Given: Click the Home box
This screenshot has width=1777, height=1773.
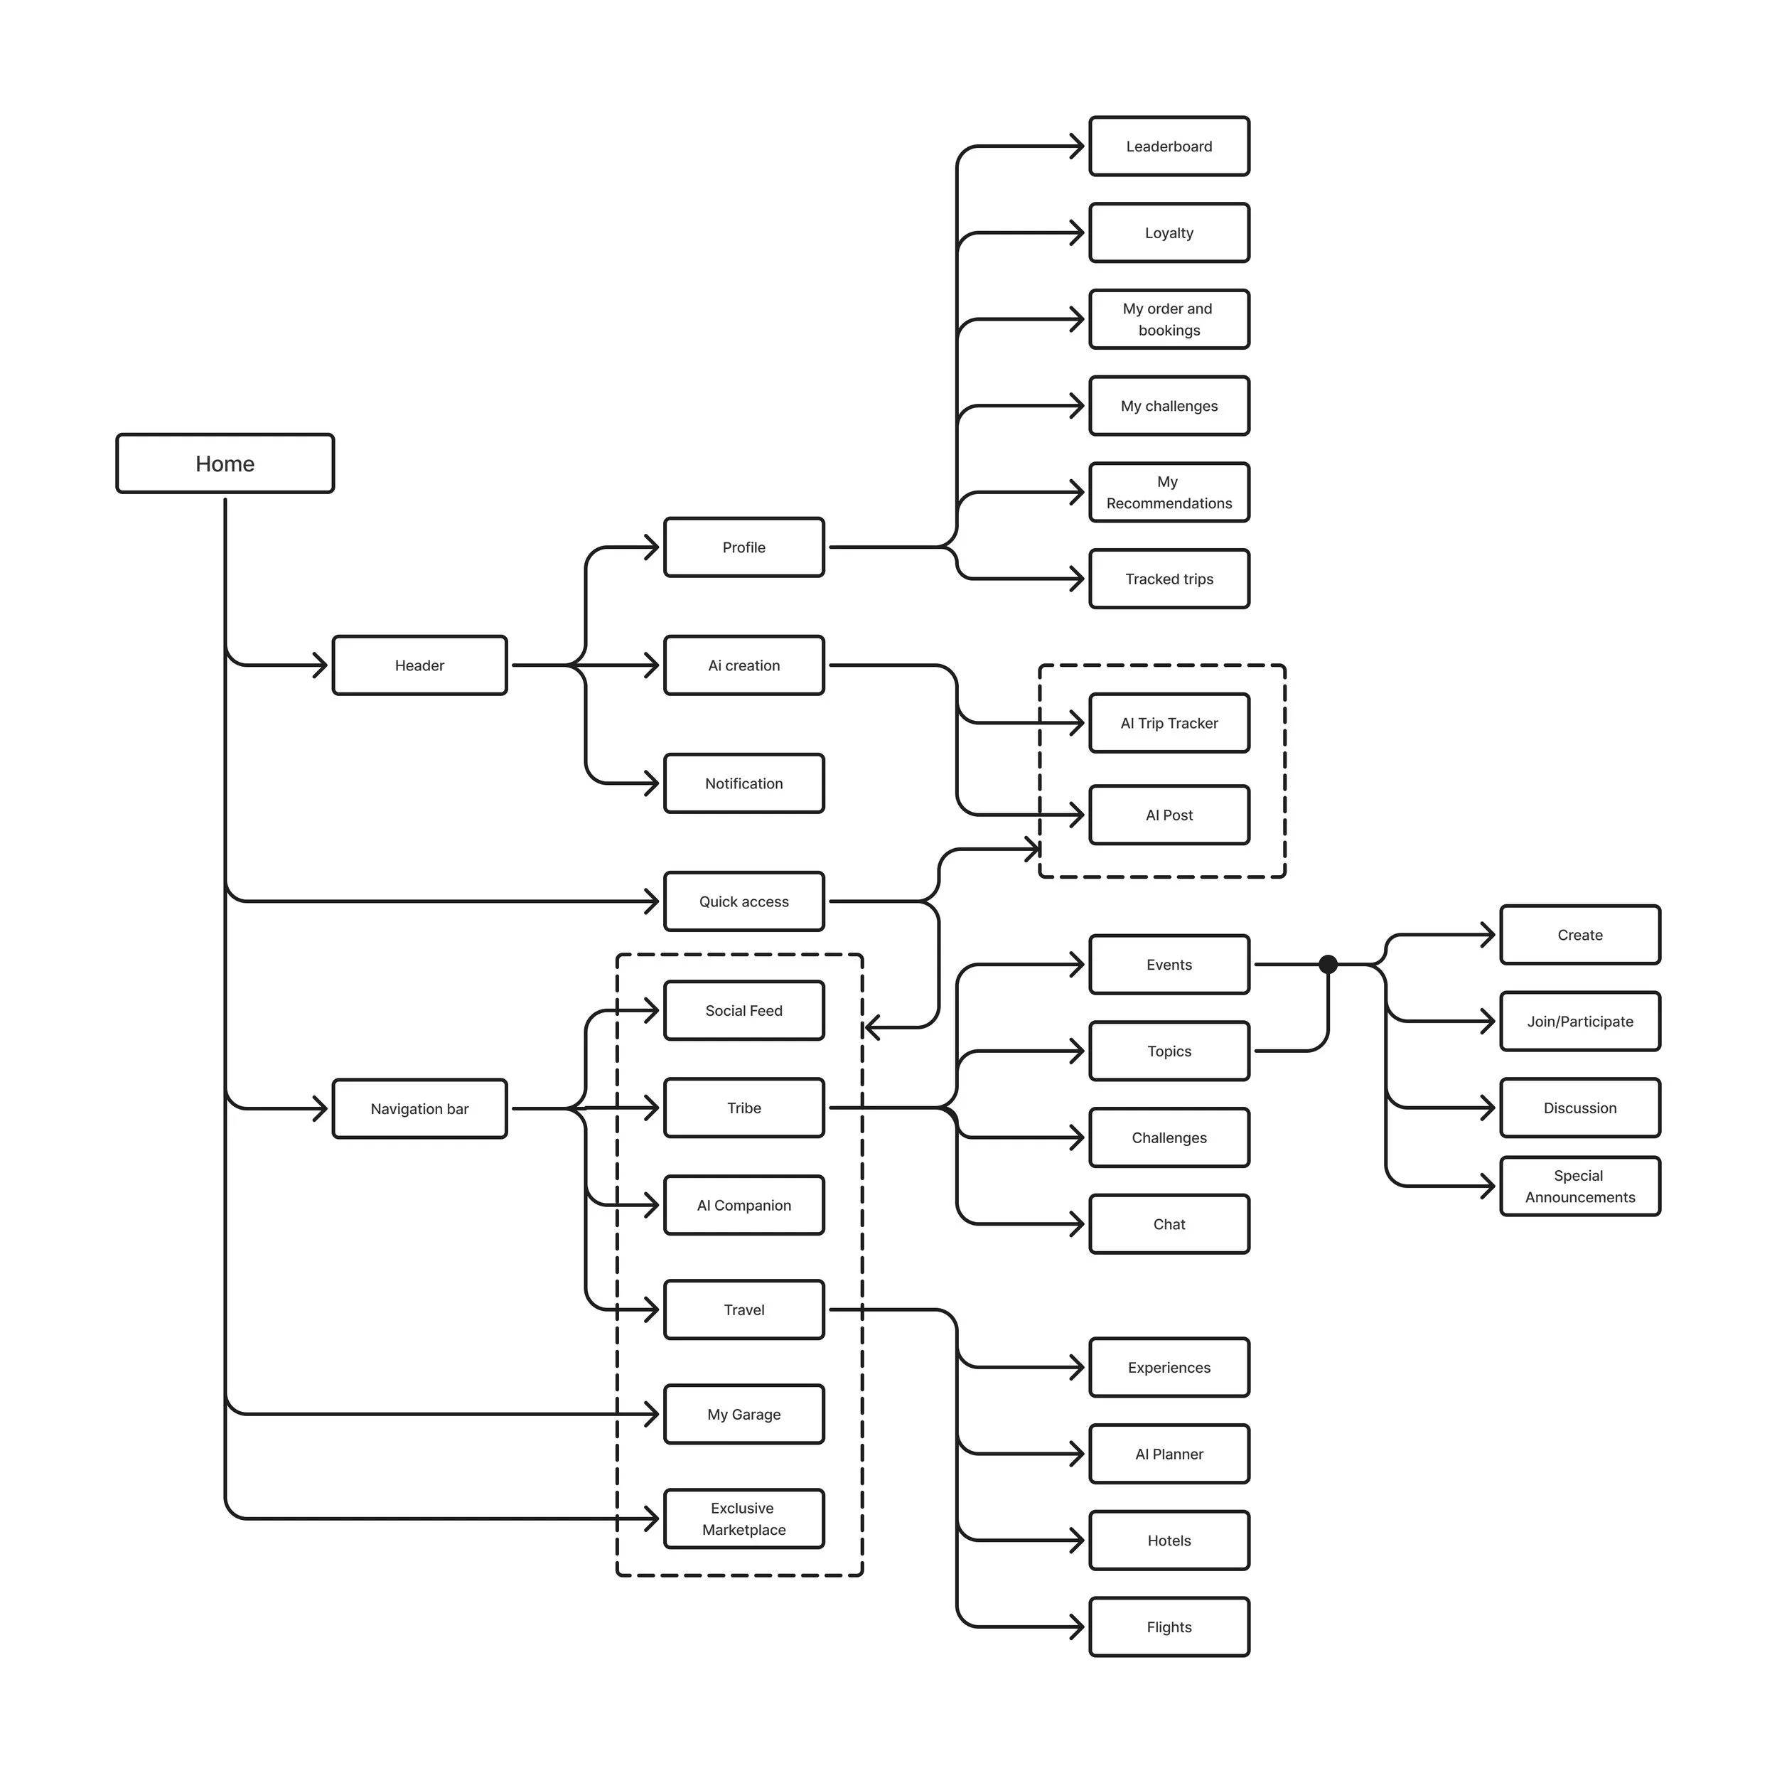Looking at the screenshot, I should tap(225, 464).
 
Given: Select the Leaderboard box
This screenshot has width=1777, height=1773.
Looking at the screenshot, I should tap(1169, 146).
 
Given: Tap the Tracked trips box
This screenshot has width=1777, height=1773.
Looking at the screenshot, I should tap(1169, 579).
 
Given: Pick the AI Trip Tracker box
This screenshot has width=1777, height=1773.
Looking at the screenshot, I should tap(1169, 723).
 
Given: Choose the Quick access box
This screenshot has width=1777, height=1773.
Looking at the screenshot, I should tap(744, 901).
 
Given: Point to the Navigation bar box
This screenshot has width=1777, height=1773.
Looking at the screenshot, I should tap(419, 1109).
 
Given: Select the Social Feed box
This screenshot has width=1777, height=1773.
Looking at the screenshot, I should tap(744, 1010).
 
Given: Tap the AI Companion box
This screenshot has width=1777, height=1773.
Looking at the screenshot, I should tap(744, 1205).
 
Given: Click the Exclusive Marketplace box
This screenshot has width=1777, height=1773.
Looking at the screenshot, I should tap(744, 1519).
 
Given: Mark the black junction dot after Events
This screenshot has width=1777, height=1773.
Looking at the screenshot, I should tap(1328, 964).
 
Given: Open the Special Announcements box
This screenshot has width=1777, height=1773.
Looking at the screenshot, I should tap(1580, 1186).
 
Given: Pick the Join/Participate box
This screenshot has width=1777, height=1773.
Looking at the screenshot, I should tap(1580, 1022).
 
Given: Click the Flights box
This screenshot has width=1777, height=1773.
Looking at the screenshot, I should tap(1169, 1627).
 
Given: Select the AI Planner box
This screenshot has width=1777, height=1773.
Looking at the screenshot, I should tap(1169, 1454).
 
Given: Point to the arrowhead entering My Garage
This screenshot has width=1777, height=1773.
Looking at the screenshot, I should tap(652, 1414).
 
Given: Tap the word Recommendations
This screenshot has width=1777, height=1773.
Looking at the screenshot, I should tap(1169, 503).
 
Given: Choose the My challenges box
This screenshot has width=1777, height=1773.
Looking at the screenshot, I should tap(1169, 406).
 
